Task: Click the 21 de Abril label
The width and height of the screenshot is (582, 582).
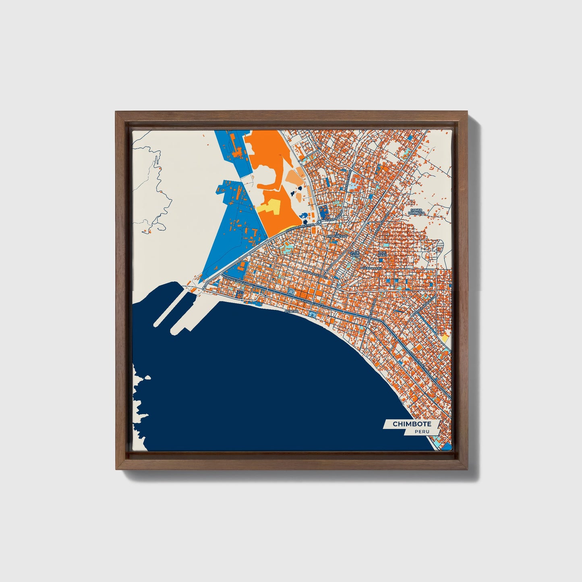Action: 354,254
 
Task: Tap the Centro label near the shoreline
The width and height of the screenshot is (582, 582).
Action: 291,311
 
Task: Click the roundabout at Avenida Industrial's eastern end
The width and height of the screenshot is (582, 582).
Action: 318,222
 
